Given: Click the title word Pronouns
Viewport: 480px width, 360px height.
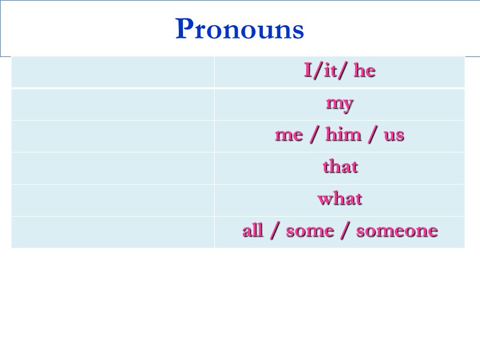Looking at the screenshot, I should pos(239,29).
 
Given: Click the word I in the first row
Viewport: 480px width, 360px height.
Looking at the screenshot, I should pos(308,71).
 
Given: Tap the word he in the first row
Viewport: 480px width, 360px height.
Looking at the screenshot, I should pos(364,71).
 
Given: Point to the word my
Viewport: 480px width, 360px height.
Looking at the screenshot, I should pos(340,104).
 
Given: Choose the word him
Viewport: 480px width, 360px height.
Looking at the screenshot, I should pos(343,135).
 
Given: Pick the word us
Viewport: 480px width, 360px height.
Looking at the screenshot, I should pos(394,136).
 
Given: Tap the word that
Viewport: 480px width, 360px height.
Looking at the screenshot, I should pos(340,167).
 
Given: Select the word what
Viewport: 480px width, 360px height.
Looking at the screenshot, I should pos(340,199).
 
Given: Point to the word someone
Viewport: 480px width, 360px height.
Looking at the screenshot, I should pos(397,231).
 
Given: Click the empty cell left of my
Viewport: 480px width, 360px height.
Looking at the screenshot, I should pos(113,104).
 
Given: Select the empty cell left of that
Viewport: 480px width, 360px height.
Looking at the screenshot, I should pos(113,168).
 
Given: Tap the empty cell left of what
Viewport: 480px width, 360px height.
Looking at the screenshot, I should pos(113,200).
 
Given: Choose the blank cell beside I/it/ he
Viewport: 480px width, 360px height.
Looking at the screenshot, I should pos(113,72).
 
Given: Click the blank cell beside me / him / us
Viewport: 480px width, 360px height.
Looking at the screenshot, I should pos(113,136).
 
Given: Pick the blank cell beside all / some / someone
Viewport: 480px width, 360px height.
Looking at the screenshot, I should pos(113,232).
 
